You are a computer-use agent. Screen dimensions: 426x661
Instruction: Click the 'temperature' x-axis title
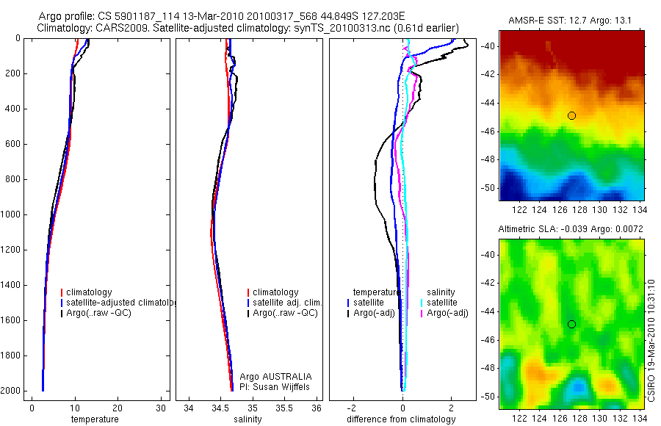[94, 419]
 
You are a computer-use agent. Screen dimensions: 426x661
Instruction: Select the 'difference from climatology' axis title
[401, 419]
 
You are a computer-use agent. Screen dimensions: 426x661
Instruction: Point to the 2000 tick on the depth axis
[12, 391]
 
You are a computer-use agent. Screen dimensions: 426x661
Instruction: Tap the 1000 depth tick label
[12, 214]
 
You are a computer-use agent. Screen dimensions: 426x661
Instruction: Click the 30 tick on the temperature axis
[161, 408]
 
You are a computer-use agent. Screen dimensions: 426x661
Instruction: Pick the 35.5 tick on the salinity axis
[285, 408]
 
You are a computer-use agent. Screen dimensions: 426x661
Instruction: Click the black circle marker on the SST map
[571, 115]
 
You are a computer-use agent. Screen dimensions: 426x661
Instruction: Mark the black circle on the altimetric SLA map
[571, 324]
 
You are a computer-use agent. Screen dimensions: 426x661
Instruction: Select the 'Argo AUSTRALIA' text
[271, 376]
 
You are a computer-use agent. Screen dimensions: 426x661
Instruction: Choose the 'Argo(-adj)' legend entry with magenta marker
[447, 314]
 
